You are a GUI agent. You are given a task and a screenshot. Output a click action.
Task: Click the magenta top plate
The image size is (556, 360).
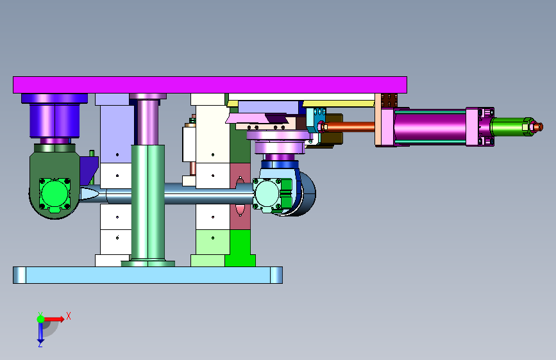pos(210,85)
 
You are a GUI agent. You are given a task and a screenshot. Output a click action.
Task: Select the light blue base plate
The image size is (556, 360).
pos(148,275)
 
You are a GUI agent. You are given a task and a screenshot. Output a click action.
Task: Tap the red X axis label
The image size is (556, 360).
pos(69,316)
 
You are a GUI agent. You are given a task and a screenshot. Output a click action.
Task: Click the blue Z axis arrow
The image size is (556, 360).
pos(40,333)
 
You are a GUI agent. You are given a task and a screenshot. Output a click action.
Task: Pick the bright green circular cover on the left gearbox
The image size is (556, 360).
pos(55,194)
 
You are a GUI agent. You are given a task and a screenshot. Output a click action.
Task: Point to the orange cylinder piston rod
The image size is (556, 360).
pos(350,126)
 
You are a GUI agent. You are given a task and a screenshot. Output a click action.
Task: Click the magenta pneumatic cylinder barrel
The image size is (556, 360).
pos(430,126)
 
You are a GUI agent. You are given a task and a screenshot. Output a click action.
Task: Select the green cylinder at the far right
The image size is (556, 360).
pos(508,127)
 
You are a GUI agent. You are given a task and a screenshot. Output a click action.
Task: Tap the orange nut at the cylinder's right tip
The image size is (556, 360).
pos(537,127)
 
